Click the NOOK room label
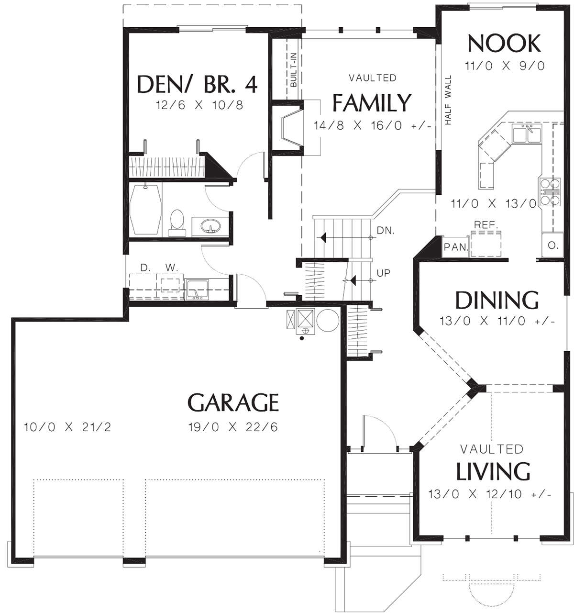tap(504, 44)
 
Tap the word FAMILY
tap(372, 103)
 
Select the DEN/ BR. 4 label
tap(197, 84)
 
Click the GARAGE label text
tap(233, 402)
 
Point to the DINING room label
tap(497, 301)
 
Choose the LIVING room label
tap(493, 471)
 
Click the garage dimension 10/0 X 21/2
tap(67, 427)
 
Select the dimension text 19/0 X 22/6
tap(233, 427)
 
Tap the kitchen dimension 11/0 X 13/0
tap(494, 204)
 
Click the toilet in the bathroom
tap(177, 223)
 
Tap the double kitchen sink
tap(527, 134)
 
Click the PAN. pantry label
tap(454, 247)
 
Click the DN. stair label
tap(386, 231)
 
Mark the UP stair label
tap(384, 273)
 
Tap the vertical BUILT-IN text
tap(293, 69)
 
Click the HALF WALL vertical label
tap(448, 100)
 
